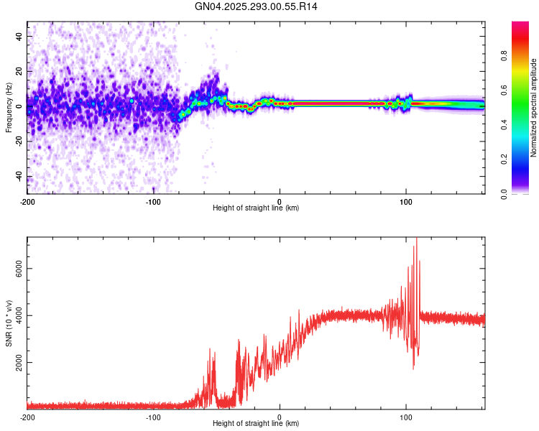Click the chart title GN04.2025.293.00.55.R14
click(x=257, y=6)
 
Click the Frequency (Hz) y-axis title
click(x=9, y=108)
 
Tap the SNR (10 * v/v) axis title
click(x=9, y=323)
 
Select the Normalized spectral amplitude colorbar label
click(x=534, y=108)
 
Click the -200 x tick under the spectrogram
click(x=27, y=200)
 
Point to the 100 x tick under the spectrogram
click(x=406, y=200)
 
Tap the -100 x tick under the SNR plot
click(x=153, y=417)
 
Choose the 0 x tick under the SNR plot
click(x=280, y=417)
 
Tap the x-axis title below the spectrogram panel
click(x=257, y=208)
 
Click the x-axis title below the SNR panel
click(x=257, y=424)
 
